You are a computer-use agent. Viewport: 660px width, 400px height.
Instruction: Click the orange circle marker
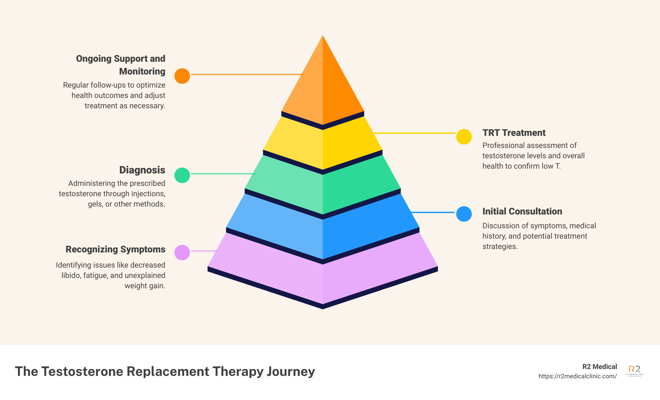(182, 76)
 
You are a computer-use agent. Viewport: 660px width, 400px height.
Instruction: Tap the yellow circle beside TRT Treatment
(464, 137)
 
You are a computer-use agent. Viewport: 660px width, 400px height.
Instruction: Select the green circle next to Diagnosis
(182, 175)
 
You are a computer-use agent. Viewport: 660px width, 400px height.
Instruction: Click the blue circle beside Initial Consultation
(464, 214)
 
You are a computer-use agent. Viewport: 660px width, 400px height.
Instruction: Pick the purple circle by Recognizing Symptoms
(182, 252)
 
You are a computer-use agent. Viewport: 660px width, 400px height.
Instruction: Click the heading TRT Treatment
(514, 133)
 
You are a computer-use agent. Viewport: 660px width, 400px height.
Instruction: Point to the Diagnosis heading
(142, 170)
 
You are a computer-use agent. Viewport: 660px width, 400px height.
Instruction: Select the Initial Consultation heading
(522, 211)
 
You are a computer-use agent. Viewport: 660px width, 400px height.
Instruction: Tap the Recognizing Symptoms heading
(115, 249)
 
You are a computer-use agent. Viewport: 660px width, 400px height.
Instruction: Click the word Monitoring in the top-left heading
(142, 71)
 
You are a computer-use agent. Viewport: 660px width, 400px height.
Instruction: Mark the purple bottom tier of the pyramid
(323, 279)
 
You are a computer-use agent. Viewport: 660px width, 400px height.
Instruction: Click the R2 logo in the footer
(634, 371)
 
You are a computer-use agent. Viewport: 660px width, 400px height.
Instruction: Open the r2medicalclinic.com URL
(577, 376)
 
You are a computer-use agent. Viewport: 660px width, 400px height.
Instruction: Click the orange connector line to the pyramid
(247, 74)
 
